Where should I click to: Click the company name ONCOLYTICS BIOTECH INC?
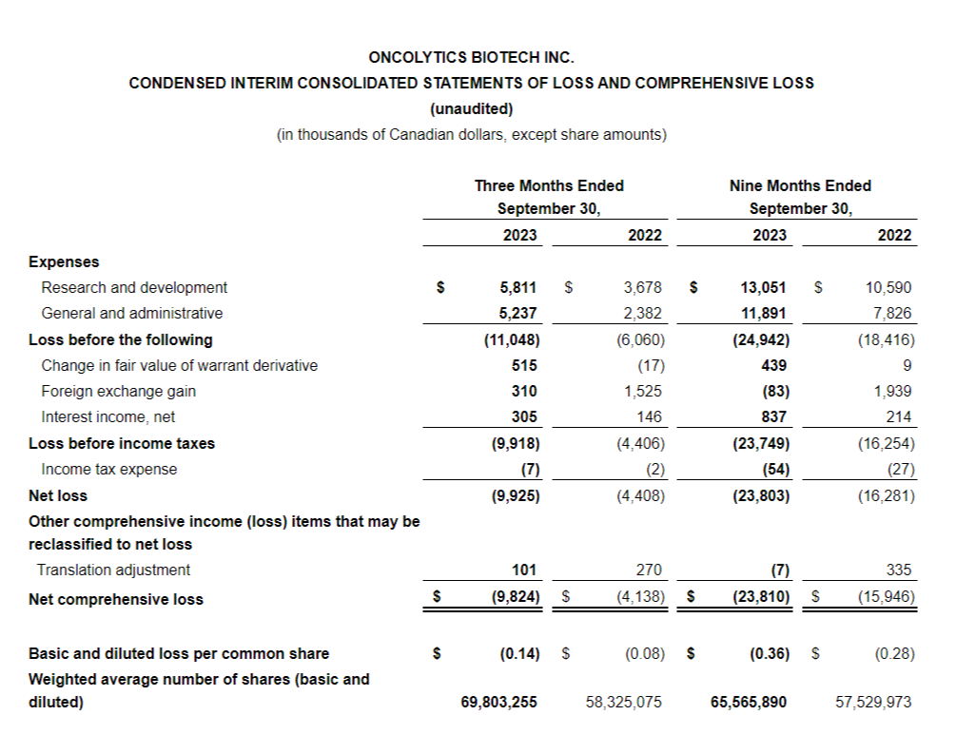click(x=471, y=57)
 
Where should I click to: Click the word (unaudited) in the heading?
click(x=471, y=108)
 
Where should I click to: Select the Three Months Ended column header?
click(x=549, y=185)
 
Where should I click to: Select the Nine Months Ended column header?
click(x=800, y=185)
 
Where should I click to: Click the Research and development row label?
click(x=134, y=287)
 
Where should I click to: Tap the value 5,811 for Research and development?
click(x=517, y=287)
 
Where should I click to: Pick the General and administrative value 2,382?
click(x=643, y=313)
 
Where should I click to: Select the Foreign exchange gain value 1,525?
click(x=643, y=391)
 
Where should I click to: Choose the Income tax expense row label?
click(x=109, y=469)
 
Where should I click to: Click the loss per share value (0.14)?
click(x=519, y=653)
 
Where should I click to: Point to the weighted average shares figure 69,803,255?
click(x=498, y=702)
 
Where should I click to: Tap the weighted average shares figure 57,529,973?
click(x=872, y=702)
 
